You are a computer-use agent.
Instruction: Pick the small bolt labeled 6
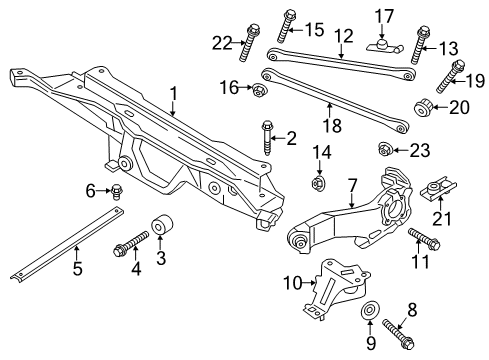point(117,191)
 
